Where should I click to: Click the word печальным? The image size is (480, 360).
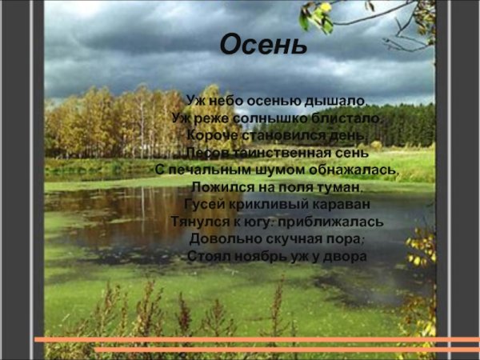(x=206, y=170)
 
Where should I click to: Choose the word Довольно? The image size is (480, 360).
(x=222, y=238)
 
